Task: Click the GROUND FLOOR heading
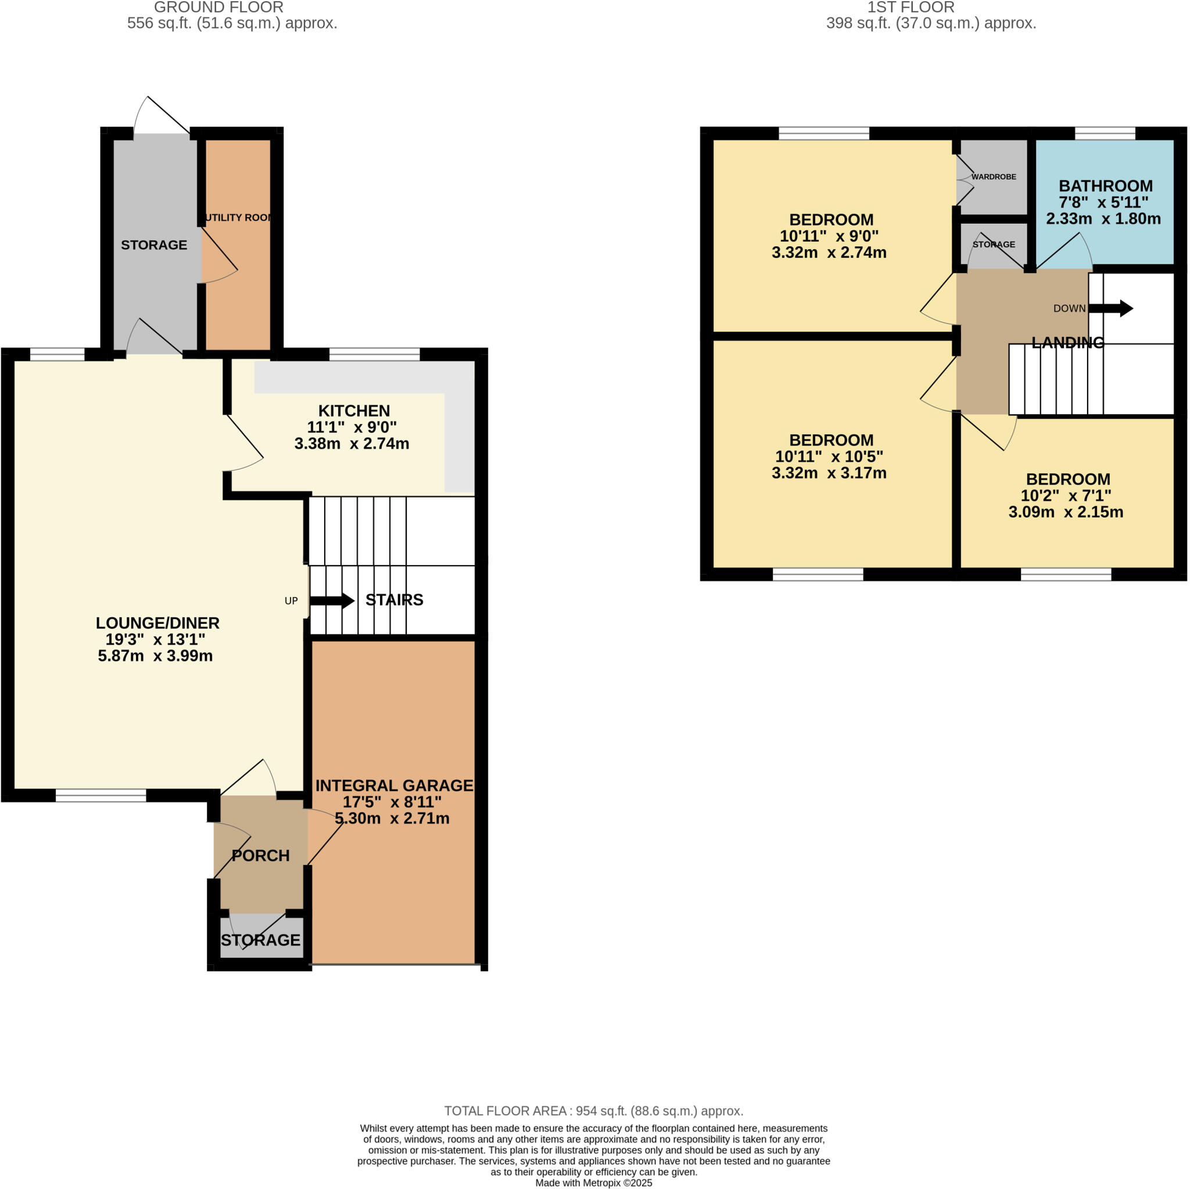pyautogui.click(x=218, y=8)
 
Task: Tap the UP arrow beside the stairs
pyautogui.click(x=331, y=601)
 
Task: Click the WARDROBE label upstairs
pyautogui.click(x=994, y=177)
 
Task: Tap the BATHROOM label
pyautogui.click(x=1105, y=186)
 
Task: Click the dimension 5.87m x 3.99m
pyautogui.click(x=155, y=656)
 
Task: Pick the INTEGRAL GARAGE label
pyautogui.click(x=394, y=786)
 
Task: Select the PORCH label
pyautogui.click(x=260, y=855)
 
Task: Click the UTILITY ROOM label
pyautogui.click(x=238, y=217)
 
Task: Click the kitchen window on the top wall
pyautogui.click(x=375, y=354)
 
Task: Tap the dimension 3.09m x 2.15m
pyautogui.click(x=1066, y=512)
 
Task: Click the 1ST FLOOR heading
pyautogui.click(x=911, y=8)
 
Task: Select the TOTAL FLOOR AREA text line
pyautogui.click(x=594, y=1111)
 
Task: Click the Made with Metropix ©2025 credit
pyautogui.click(x=594, y=1183)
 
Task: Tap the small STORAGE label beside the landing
pyautogui.click(x=994, y=245)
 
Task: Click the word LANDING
pyautogui.click(x=1067, y=343)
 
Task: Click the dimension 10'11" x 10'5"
pyautogui.click(x=829, y=457)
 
